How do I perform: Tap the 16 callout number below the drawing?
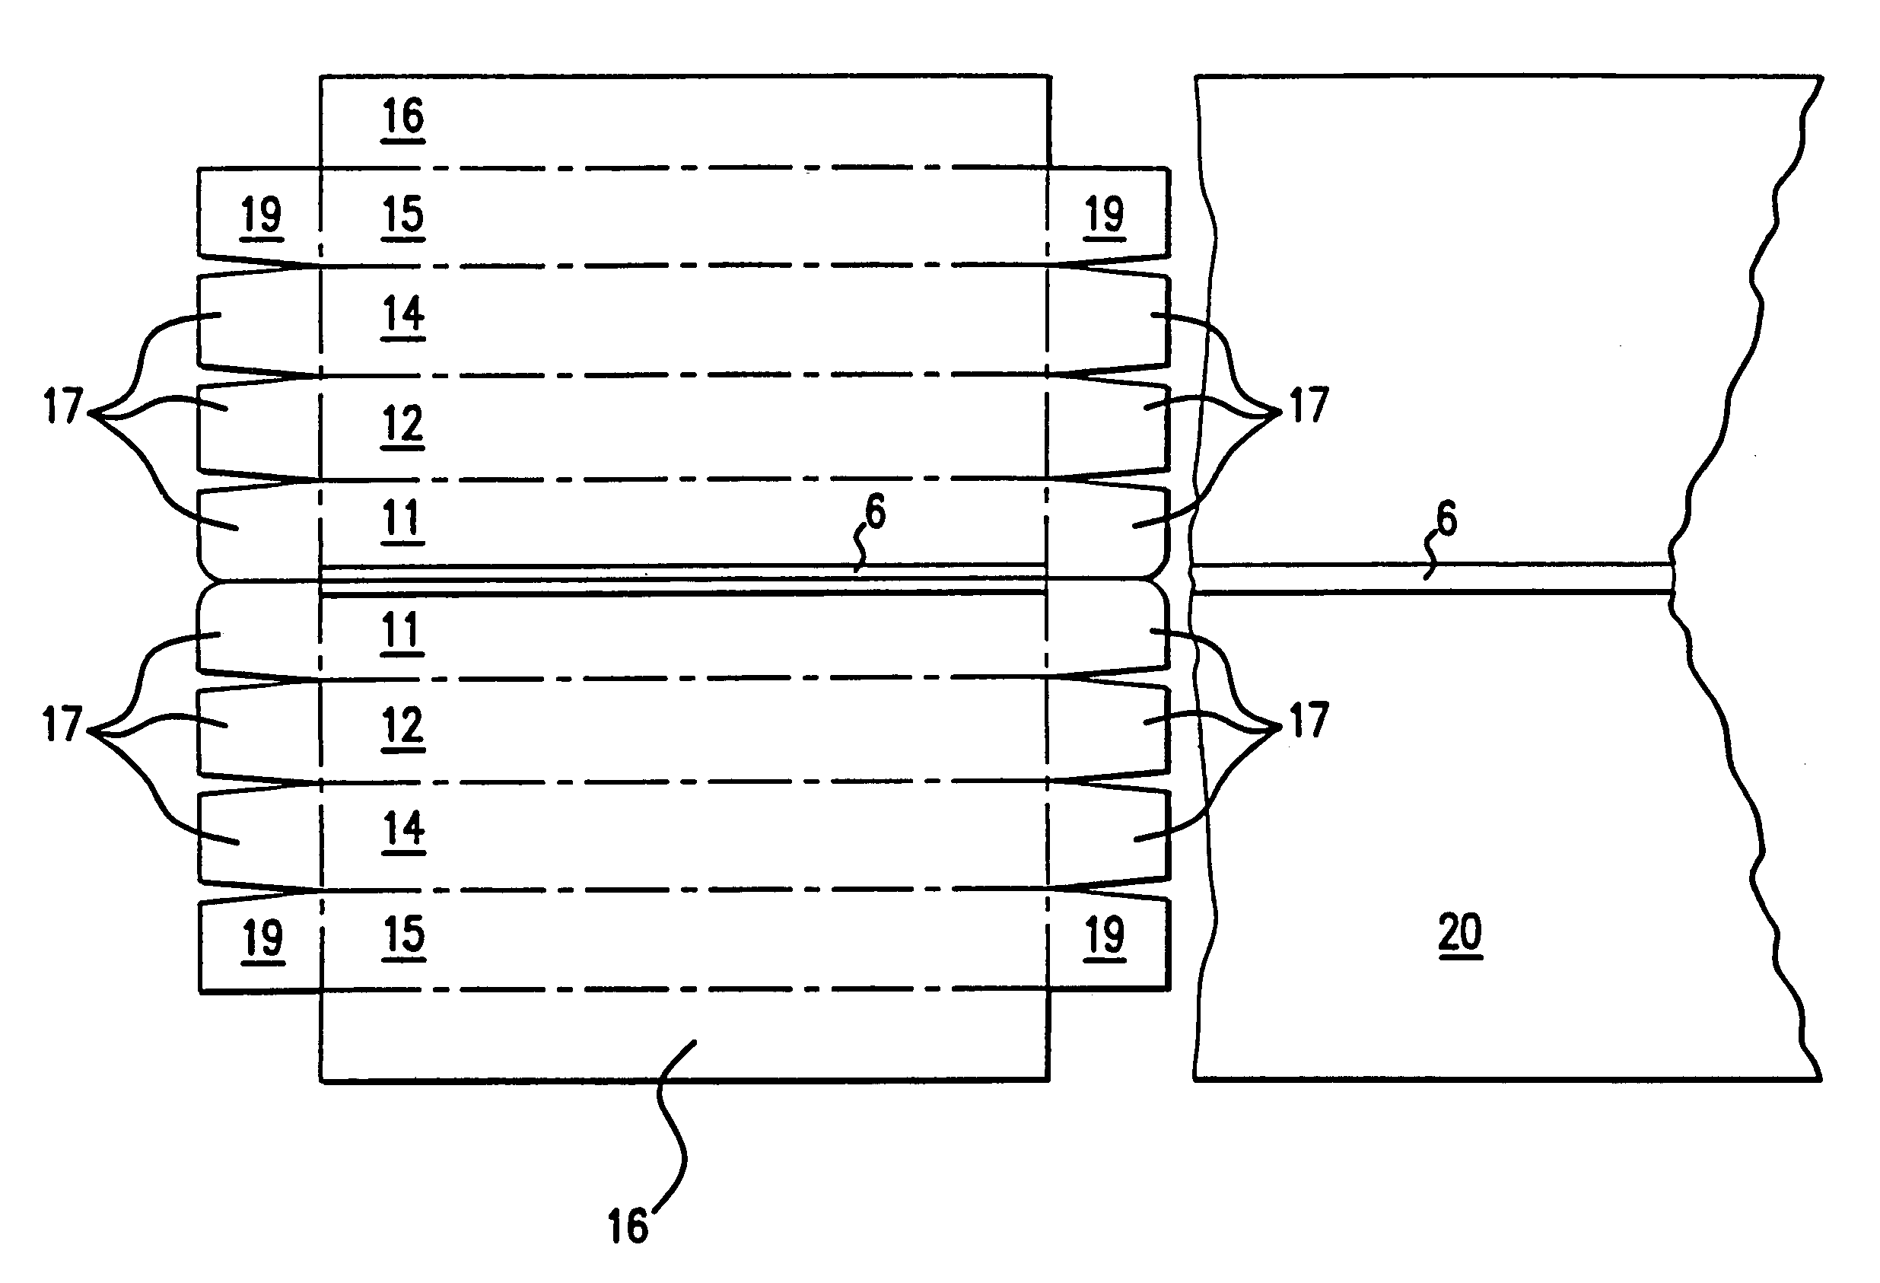[x=628, y=1227]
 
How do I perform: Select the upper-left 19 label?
[x=261, y=216]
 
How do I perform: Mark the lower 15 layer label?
[x=403, y=934]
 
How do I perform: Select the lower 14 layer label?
[x=403, y=829]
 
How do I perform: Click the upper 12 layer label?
[x=402, y=424]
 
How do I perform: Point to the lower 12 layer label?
[x=402, y=726]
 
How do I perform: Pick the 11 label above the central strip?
[x=401, y=518]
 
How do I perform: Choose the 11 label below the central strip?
[x=401, y=630]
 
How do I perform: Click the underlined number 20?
[x=1460, y=933]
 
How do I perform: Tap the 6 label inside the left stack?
[x=875, y=511]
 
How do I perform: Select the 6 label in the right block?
[x=1446, y=518]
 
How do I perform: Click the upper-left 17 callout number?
[x=62, y=406]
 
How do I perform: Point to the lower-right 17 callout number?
[x=1309, y=721]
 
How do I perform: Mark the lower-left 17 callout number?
[x=62, y=724]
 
